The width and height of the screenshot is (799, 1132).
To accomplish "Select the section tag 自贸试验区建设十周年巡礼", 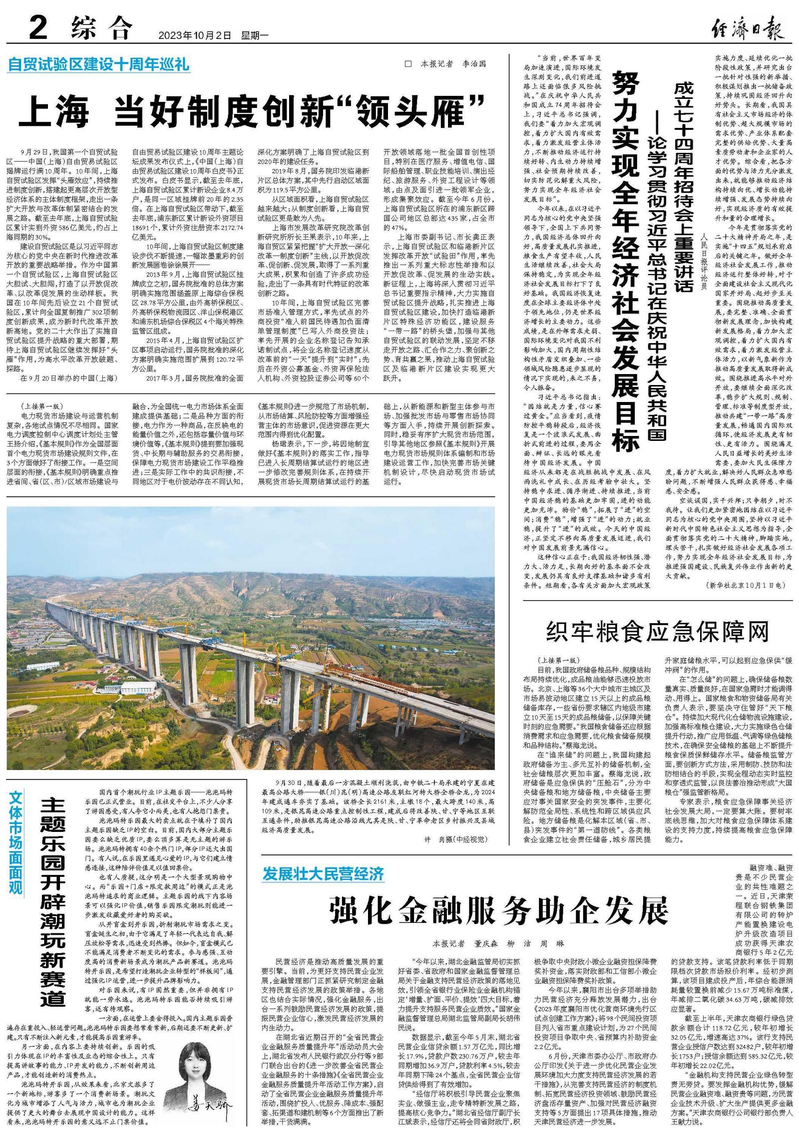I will point(98,65).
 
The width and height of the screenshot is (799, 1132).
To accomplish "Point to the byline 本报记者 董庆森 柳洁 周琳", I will point(498,944).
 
